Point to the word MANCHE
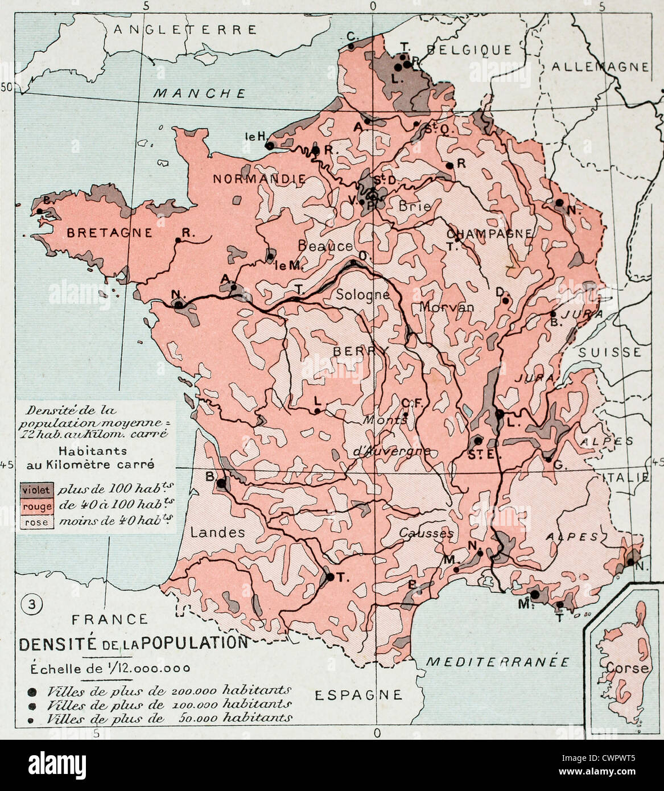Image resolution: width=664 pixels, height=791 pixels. tap(200, 94)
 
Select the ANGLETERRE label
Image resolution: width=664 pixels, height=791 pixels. tap(185, 30)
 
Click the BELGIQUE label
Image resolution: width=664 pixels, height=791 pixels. tap(469, 50)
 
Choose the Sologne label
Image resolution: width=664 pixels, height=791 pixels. tap(362, 294)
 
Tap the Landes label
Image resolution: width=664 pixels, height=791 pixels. tap(218, 532)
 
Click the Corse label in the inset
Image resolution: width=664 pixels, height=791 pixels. tap(627, 668)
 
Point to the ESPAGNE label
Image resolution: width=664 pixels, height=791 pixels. tap(358, 694)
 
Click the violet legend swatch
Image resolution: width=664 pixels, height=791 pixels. tap(36, 490)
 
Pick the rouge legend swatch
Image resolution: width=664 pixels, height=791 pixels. tap(36, 506)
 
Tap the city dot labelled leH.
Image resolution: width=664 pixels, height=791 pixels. tap(270, 146)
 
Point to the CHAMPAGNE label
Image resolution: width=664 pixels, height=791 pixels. tap(489, 233)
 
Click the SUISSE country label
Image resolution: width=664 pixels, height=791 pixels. tap(609, 353)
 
